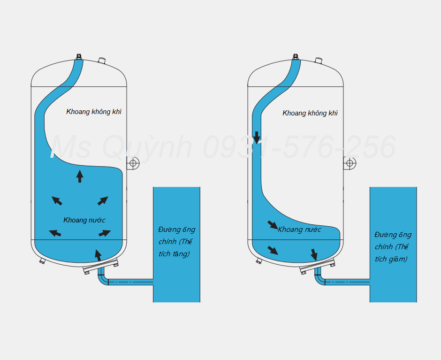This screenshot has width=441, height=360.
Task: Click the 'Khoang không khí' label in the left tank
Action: tap(94, 112)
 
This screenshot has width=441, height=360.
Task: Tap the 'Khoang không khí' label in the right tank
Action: tap(310, 113)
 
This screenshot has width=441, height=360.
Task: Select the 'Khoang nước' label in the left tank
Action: tap(84, 220)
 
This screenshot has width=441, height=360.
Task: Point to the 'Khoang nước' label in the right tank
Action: tap(299, 230)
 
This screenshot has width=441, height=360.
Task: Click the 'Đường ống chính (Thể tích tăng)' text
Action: tap(176, 242)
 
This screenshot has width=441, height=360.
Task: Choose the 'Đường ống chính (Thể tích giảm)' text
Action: tap(393, 247)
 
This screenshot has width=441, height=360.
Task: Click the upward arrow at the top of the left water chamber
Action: tap(80, 176)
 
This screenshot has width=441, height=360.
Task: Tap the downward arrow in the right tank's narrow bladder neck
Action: tap(257, 138)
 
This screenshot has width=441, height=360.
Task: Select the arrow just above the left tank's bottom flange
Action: tap(98, 255)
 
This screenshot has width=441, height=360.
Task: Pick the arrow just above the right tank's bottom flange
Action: tap(314, 255)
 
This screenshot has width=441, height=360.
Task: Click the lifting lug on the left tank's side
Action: tap(133, 163)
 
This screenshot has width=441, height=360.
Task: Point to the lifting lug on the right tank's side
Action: tap(350, 163)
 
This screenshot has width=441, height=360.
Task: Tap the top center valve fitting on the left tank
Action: tap(79, 57)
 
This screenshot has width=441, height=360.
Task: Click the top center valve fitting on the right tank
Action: tap(295, 57)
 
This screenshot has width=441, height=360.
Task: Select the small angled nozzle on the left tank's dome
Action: tap(102, 61)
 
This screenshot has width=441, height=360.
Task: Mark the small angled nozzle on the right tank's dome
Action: tap(319, 61)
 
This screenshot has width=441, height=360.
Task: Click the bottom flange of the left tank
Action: tap(101, 267)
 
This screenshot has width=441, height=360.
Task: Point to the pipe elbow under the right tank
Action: tap(319, 278)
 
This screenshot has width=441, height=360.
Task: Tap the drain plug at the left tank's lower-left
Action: tap(42, 261)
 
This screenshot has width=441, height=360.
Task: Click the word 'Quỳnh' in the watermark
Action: tap(147, 147)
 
